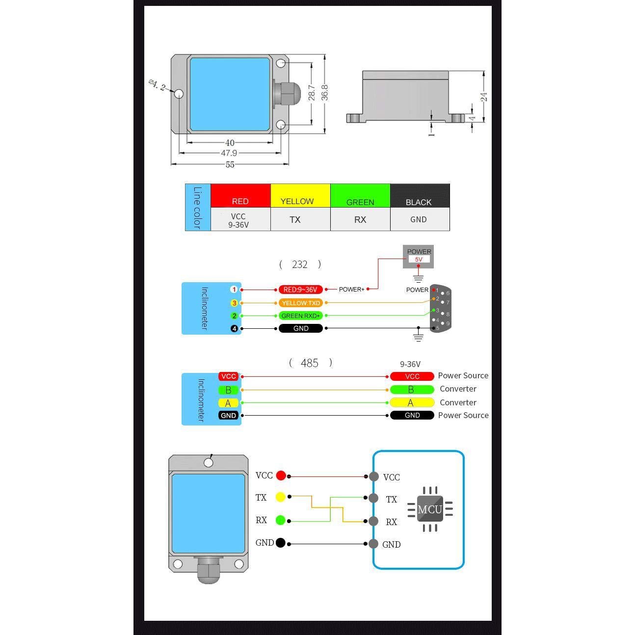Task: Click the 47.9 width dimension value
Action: pyautogui.click(x=229, y=153)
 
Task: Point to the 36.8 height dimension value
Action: pyautogui.click(x=324, y=93)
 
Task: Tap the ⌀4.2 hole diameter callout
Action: pyautogui.click(x=158, y=85)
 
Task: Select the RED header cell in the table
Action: pyautogui.click(x=240, y=196)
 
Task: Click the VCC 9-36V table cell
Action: pyautogui.click(x=238, y=220)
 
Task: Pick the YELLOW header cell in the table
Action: pyautogui.click(x=297, y=196)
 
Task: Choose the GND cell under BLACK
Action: pyautogui.click(x=419, y=219)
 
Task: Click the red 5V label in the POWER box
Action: pyautogui.click(x=419, y=259)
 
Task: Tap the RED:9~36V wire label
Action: pyautogui.click(x=300, y=290)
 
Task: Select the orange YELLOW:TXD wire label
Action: pyautogui.click(x=301, y=303)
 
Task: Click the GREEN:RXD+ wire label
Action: pyautogui.click(x=301, y=316)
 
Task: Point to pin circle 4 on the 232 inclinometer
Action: pyautogui.click(x=234, y=328)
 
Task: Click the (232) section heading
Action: pyautogui.click(x=300, y=265)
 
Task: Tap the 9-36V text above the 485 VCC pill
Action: pyautogui.click(x=410, y=364)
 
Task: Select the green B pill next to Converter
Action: pyautogui.click(x=412, y=390)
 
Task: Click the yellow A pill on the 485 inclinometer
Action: pyautogui.click(x=228, y=403)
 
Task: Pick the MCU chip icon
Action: pyautogui.click(x=430, y=509)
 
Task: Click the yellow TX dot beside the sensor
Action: pyautogui.click(x=281, y=497)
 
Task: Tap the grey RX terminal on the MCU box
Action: pyautogui.click(x=373, y=521)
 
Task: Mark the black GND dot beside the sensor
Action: pyautogui.click(x=281, y=543)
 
